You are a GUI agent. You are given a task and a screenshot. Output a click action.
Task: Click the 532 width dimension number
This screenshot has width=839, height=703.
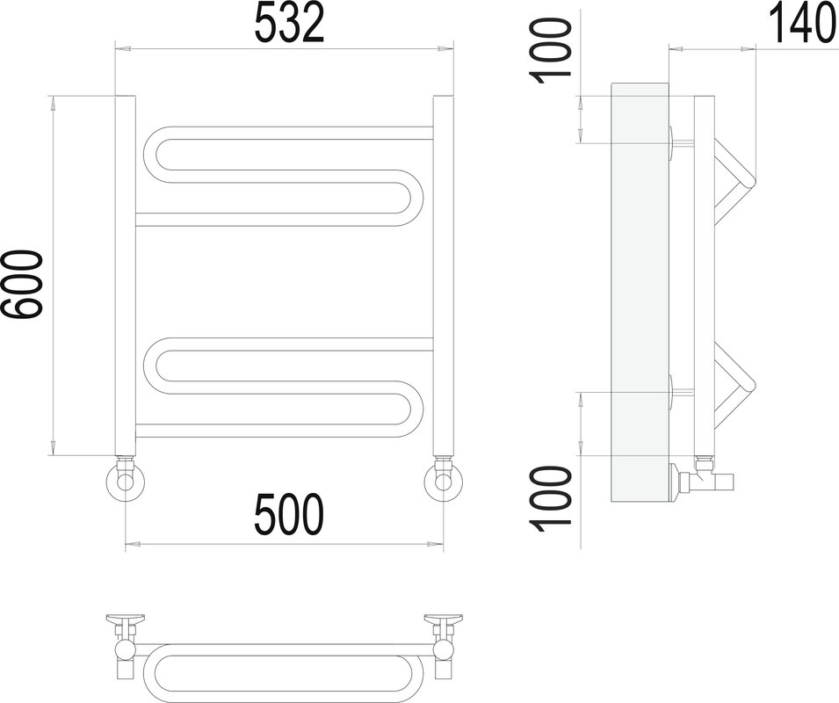click(289, 25)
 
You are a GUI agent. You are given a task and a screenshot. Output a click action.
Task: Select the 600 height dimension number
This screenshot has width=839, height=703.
click(22, 285)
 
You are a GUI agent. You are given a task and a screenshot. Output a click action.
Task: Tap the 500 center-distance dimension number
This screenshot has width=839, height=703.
click(289, 514)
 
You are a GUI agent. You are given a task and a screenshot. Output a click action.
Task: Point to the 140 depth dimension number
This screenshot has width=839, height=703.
click(804, 25)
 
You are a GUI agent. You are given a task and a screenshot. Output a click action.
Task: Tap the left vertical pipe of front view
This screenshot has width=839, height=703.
click(125, 276)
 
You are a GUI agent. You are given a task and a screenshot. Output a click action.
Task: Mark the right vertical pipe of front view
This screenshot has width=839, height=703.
click(443, 276)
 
